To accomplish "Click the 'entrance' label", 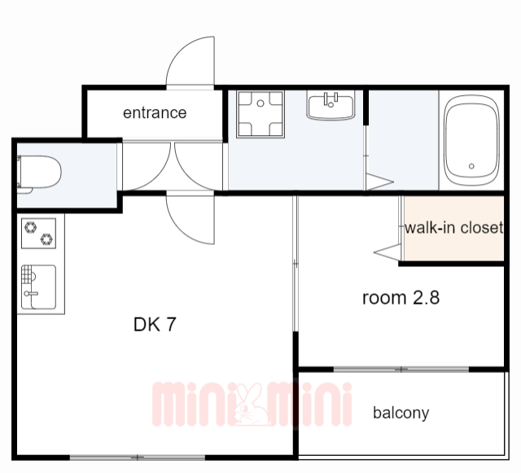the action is [x=155, y=113].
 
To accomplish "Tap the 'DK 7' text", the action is [x=155, y=324].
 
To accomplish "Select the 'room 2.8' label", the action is [x=401, y=298].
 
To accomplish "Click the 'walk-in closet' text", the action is [x=453, y=228].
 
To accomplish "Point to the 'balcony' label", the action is [x=401, y=414].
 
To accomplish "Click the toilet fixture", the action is [x=39, y=174].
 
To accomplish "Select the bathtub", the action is [x=472, y=141].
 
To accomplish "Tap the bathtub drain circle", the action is [x=471, y=166].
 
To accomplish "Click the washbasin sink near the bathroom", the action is [x=331, y=105].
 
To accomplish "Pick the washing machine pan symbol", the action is [x=260, y=114].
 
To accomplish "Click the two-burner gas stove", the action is [x=38, y=234].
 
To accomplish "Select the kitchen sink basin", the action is [x=38, y=287].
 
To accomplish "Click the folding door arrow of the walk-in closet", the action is [x=387, y=252].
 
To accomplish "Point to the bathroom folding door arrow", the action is [x=380, y=182].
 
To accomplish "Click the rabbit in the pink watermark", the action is [x=252, y=405].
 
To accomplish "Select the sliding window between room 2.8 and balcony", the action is [x=401, y=370].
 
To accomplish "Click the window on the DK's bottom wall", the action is [x=138, y=458].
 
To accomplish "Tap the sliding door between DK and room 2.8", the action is [x=296, y=264].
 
